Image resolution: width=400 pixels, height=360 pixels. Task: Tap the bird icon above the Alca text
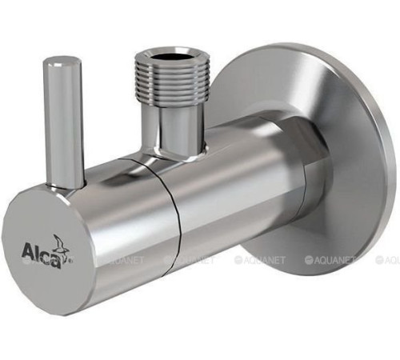coord(60,244)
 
